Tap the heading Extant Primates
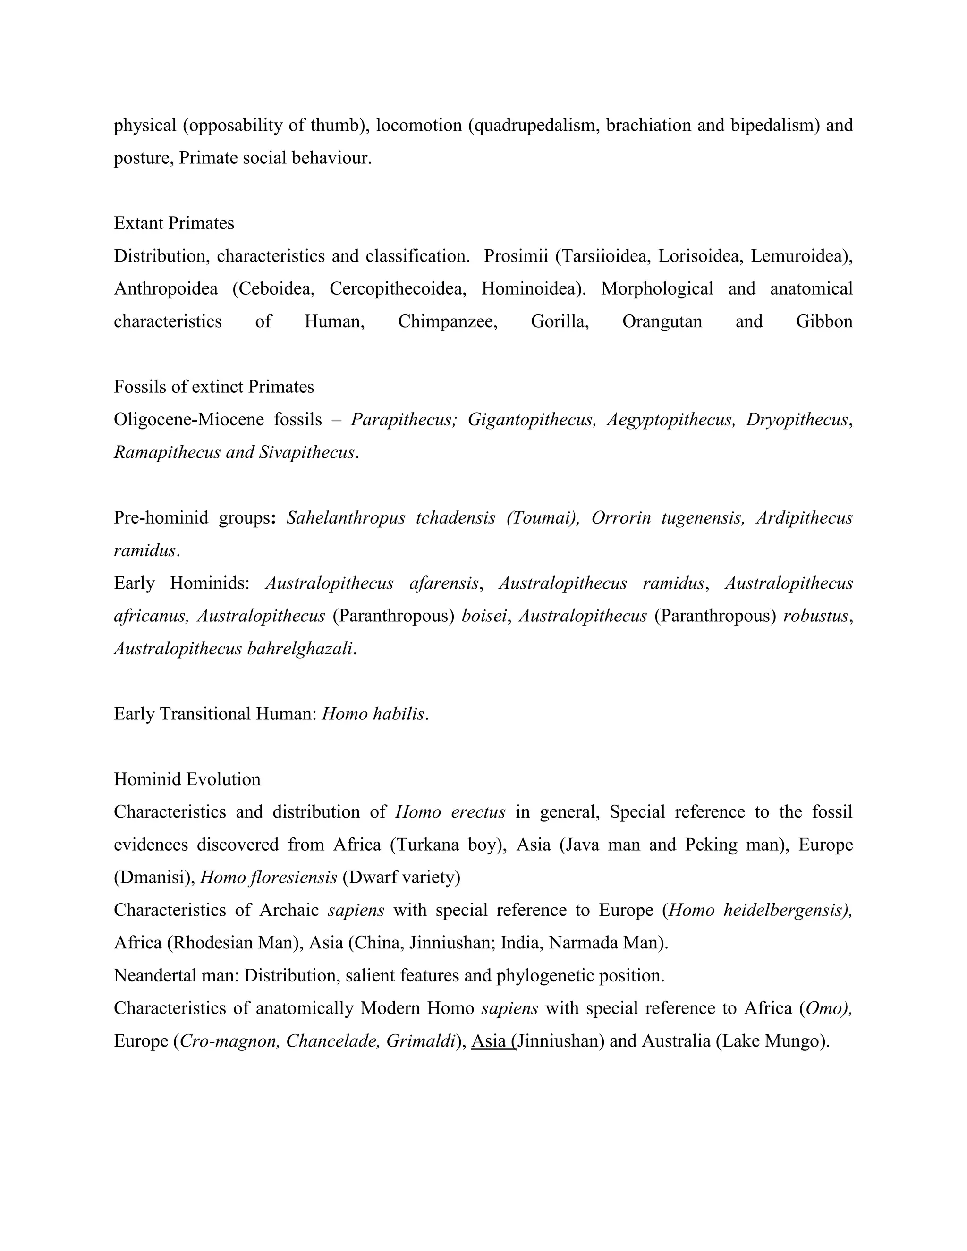[x=174, y=223]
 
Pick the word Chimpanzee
[x=448, y=321]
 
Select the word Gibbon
[x=824, y=321]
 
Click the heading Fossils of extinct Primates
[x=214, y=387]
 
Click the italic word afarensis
[x=444, y=583]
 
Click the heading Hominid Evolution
[x=187, y=779]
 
